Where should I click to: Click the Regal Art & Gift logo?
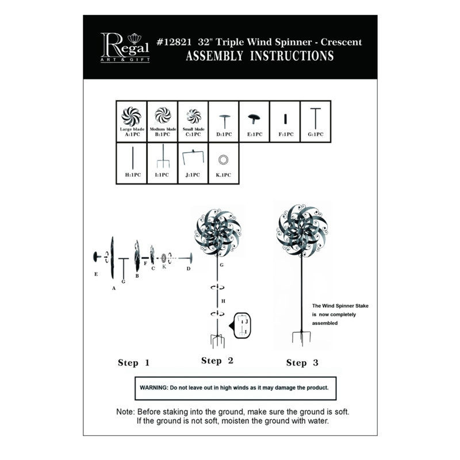tap(125, 48)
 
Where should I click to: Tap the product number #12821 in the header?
tap(174, 42)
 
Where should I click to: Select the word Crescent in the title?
tap(341, 42)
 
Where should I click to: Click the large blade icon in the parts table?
tap(132, 117)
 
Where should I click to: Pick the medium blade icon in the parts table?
tap(163, 116)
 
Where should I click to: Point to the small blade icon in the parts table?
tap(194, 117)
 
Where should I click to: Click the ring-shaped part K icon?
tap(223, 160)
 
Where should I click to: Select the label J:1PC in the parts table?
tap(193, 175)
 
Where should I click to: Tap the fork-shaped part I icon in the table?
tap(163, 156)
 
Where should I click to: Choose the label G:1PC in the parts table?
tap(316, 135)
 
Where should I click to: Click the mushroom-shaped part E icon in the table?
tap(254, 118)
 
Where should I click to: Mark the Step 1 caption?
tap(134, 363)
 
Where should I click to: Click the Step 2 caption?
tap(217, 361)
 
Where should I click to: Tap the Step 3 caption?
tap(302, 363)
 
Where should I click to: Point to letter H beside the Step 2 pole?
tap(223, 301)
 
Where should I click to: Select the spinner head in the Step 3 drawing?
tap(302, 231)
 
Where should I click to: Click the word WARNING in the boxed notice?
tap(154, 388)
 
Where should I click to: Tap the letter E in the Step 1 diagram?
tap(96, 274)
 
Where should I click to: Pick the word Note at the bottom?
tap(125, 412)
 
